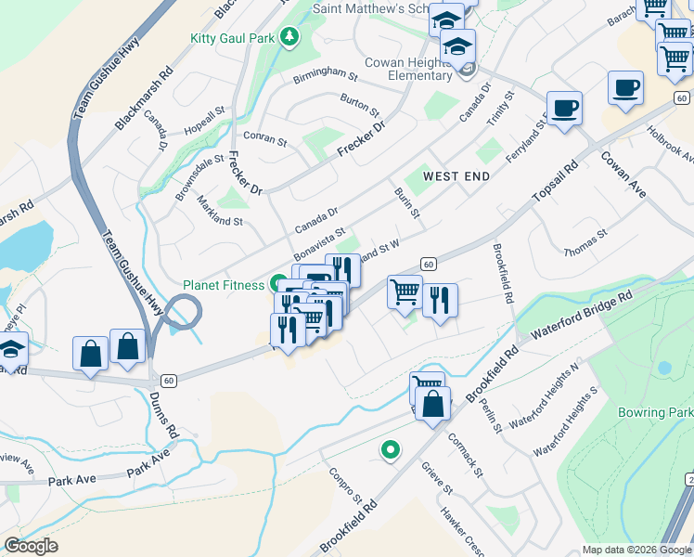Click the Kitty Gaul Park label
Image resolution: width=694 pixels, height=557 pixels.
233,37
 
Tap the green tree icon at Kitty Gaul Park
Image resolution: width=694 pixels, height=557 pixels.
291,36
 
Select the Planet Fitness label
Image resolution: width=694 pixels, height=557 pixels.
224,285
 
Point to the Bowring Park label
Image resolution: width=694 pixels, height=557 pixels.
667,411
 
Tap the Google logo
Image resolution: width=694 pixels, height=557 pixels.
32,545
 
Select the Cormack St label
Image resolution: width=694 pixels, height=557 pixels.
467,454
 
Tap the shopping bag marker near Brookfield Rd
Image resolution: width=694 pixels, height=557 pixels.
432,405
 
